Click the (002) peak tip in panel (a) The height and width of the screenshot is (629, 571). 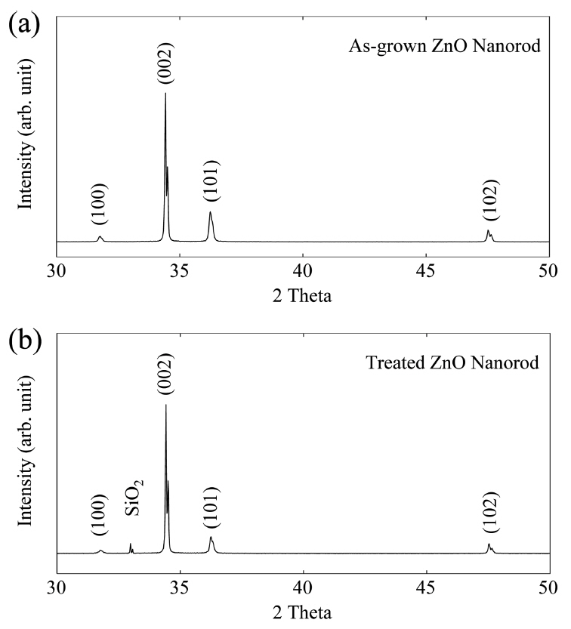(x=165, y=94)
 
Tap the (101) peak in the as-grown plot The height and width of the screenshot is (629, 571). (x=210, y=214)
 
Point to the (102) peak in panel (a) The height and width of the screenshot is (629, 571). (x=488, y=231)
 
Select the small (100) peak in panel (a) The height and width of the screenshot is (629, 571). (x=100, y=238)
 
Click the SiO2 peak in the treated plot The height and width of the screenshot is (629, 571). (x=131, y=545)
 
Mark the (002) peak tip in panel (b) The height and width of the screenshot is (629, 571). (x=166, y=406)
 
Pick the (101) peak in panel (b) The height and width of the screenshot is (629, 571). (x=211, y=538)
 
